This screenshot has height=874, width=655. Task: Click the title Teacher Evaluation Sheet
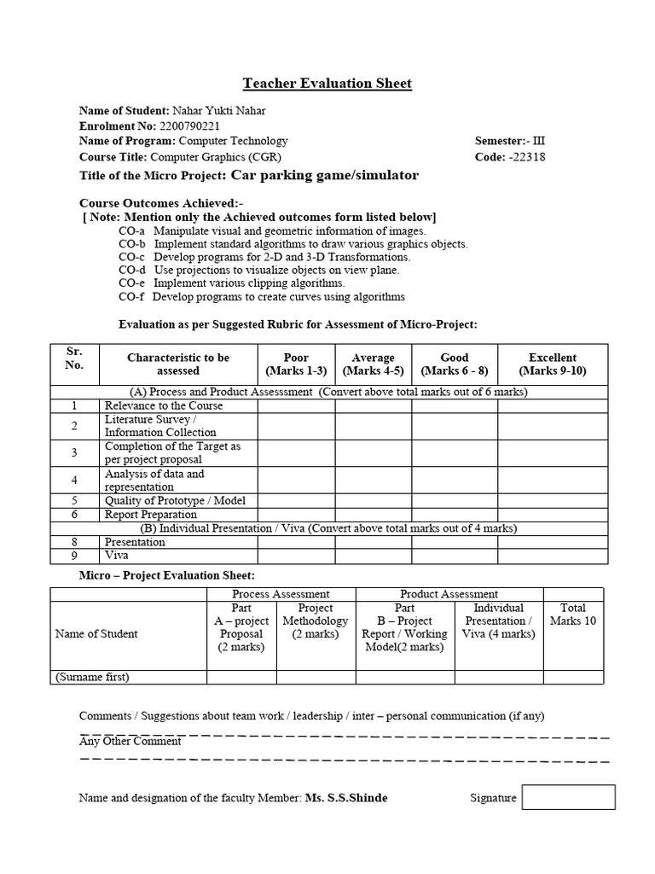click(327, 83)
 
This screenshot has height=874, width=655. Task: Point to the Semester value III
click(538, 141)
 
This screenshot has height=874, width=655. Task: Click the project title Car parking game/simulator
click(322, 176)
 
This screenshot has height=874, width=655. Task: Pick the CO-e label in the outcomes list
click(131, 283)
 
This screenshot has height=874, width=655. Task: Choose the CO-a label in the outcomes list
click(131, 230)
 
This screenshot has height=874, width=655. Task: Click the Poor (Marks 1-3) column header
click(296, 364)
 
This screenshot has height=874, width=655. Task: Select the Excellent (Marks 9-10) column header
click(552, 364)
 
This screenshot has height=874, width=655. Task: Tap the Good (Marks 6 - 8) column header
click(455, 364)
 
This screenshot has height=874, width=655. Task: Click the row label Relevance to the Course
click(163, 406)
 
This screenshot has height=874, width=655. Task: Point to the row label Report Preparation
click(150, 515)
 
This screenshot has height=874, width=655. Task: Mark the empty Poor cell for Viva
click(296, 556)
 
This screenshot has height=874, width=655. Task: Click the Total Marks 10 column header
click(572, 615)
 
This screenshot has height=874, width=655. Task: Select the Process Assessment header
click(281, 594)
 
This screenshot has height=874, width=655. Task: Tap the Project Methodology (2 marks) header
click(316, 621)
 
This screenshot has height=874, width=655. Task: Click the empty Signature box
click(568, 797)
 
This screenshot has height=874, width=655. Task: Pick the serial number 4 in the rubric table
click(74, 480)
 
